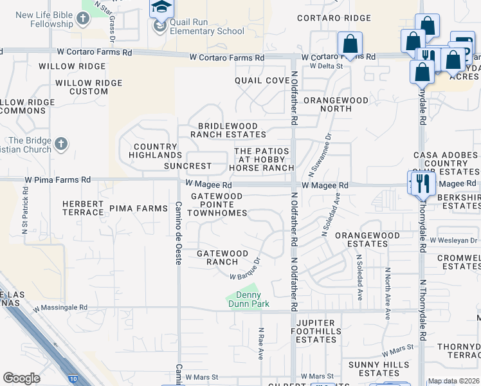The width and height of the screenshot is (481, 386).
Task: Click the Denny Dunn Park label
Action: (247, 299)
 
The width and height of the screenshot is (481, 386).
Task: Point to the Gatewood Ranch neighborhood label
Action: (222, 258)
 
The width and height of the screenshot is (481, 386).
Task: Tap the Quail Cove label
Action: (262, 80)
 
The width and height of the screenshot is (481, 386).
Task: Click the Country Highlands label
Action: (155, 151)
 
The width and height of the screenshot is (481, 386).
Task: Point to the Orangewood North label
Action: (336, 105)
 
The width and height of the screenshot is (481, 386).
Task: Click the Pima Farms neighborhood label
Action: (138, 208)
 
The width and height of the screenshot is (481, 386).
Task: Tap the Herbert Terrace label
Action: (83, 208)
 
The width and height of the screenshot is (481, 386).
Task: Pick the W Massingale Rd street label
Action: (57, 308)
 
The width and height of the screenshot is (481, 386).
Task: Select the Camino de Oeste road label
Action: (179, 228)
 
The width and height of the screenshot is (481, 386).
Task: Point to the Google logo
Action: (21, 378)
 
